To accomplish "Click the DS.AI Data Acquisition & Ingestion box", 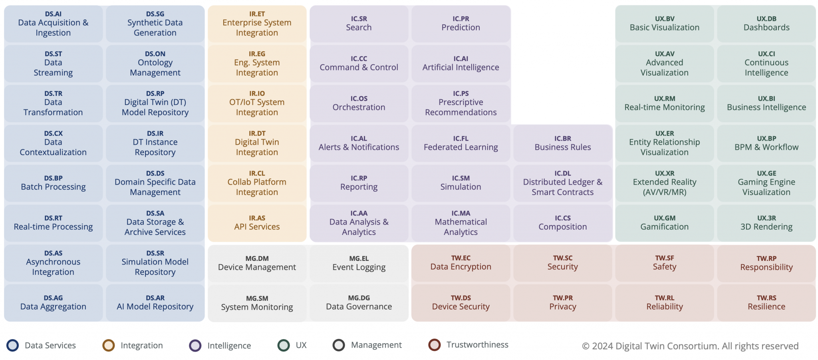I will [53, 24].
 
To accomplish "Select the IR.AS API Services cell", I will [257, 223].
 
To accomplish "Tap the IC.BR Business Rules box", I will [562, 143].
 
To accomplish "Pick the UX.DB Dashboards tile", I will [766, 24].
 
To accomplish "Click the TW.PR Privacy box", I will [562, 303].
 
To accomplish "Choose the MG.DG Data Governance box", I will [359, 303].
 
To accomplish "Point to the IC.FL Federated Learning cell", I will [461, 143].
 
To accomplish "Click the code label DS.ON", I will [155, 54].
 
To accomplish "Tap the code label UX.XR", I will [664, 173].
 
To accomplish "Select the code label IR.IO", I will [257, 93].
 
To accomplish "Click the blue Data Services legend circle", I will [13, 345].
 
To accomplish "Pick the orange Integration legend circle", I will [109, 345].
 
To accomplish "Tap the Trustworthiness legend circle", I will [434, 345].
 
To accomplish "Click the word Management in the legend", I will [376, 345].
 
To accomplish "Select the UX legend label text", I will [301, 345].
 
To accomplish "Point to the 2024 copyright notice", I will [690, 346].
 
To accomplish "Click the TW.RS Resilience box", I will [766, 303].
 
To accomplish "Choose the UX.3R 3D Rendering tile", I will [766, 223].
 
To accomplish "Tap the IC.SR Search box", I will [359, 24].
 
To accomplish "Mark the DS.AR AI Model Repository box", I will [155, 303].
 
